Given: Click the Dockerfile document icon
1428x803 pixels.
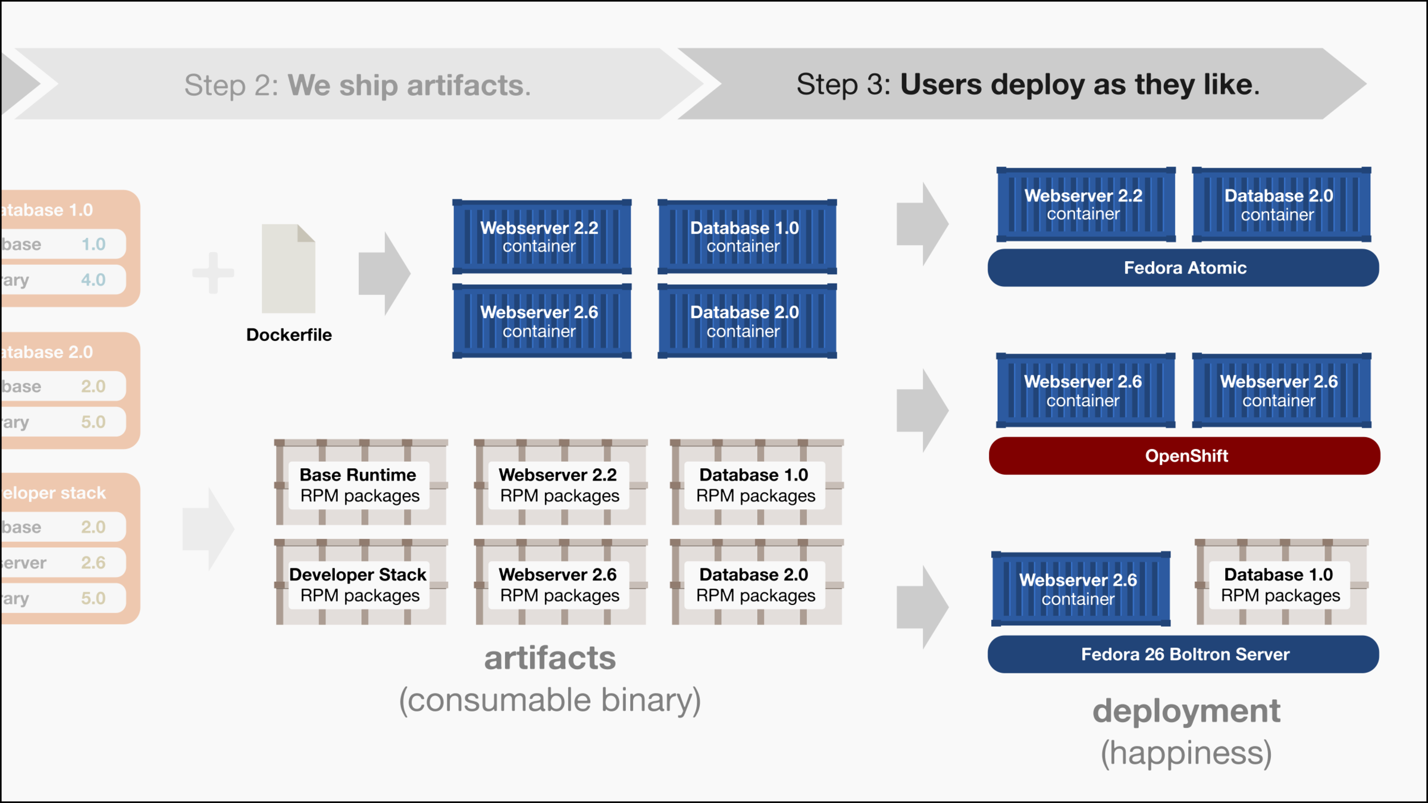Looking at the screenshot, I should tap(289, 269).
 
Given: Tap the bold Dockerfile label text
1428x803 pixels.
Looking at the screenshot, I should tap(289, 335).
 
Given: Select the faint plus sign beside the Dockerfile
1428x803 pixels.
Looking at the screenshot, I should tap(213, 273).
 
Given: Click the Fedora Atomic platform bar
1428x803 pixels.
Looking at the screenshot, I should tap(1183, 268).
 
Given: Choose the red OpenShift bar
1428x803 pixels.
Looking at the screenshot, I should tap(1185, 456).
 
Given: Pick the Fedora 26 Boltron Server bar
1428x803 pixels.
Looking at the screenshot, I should tap(1183, 654).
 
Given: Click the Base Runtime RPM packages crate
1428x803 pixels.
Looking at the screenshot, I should tap(361, 483).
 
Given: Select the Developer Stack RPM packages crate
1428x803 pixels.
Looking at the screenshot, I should tap(361, 583).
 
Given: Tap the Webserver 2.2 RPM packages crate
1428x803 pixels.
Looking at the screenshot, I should tap(560, 483).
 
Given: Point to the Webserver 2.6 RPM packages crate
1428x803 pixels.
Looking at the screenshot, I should tap(560, 583).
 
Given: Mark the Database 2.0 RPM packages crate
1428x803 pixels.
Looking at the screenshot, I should tap(756, 583).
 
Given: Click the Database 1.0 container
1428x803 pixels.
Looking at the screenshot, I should tap(747, 237).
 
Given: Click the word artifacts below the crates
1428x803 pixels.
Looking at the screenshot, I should tap(550, 658).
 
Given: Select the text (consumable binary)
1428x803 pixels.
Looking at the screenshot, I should tap(550, 700).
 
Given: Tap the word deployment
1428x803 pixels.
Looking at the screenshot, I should tap(1186, 711).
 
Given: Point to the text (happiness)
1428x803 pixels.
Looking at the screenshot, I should tap(1186, 753).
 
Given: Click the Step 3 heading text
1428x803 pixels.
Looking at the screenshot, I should tap(1028, 84).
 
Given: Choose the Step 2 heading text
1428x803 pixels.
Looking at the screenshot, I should tap(357, 85).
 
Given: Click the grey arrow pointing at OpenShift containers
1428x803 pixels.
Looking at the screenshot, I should tap(922, 410).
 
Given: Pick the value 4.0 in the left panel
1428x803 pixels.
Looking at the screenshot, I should tap(93, 280).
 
